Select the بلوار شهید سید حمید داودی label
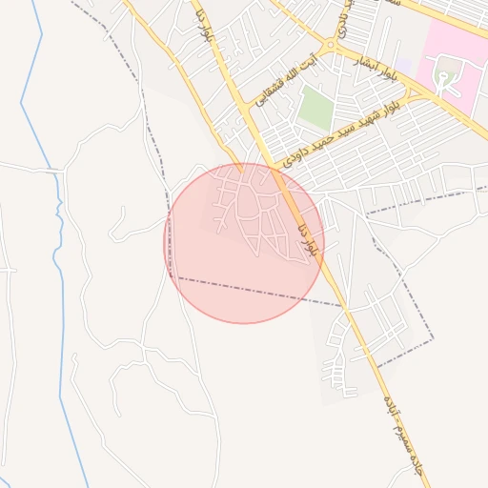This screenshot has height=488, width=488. [341, 130]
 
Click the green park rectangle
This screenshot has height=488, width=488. [314, 110]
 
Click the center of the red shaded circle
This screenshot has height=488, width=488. [244, 243]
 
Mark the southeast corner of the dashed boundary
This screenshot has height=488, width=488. [434, 337]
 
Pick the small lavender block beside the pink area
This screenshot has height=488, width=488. [404, 65]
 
